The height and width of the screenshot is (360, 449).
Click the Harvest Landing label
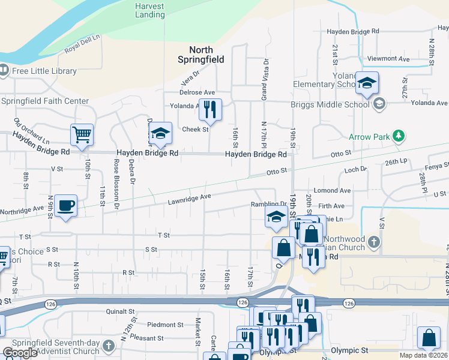click(x=149, y=10)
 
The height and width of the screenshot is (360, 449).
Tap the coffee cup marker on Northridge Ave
click(x=65, y=205)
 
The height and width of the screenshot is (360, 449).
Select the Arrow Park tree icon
click(x=397, y=136)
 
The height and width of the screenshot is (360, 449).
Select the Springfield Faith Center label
click(x=45, y=101)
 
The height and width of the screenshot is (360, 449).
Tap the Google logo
click(x=20, y=352)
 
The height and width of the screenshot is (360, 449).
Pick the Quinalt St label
click(x=120, y=311)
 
